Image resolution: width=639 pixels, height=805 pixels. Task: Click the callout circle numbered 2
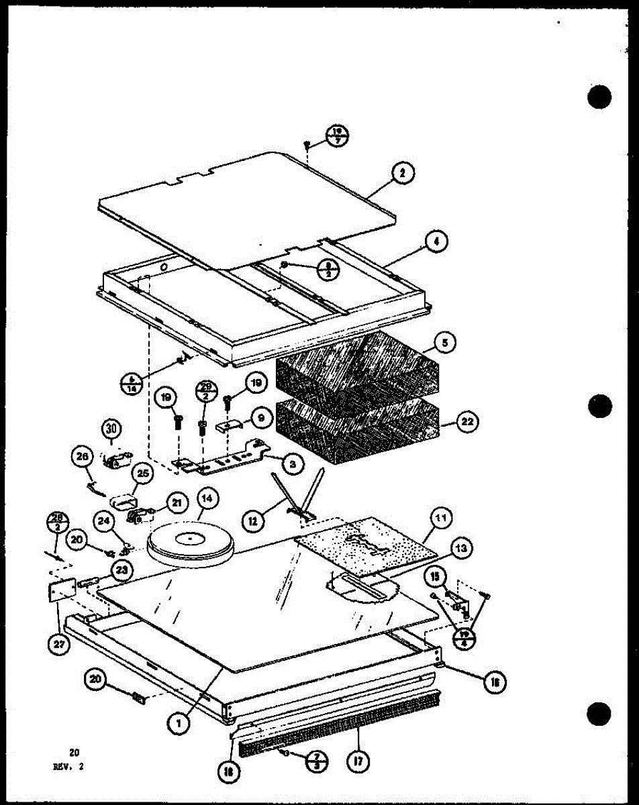coord(402,174)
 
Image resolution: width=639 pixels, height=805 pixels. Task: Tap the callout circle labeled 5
coord(444,343)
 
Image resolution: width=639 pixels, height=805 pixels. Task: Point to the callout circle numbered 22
coord(468,422)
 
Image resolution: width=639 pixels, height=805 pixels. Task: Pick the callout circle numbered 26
coord(83,458)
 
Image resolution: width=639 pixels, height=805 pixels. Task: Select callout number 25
coord(142,474)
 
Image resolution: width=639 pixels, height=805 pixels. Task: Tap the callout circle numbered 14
coord(207,498)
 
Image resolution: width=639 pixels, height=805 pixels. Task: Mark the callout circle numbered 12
coord(254,519)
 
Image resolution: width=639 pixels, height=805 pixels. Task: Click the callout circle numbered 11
coord(443,517)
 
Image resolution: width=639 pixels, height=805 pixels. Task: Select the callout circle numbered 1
coord(178,723)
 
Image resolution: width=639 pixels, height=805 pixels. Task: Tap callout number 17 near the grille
coord(356,762)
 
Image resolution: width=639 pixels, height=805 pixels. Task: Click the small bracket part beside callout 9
coord(229,425)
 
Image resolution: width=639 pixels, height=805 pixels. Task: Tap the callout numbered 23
coord(121,571)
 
